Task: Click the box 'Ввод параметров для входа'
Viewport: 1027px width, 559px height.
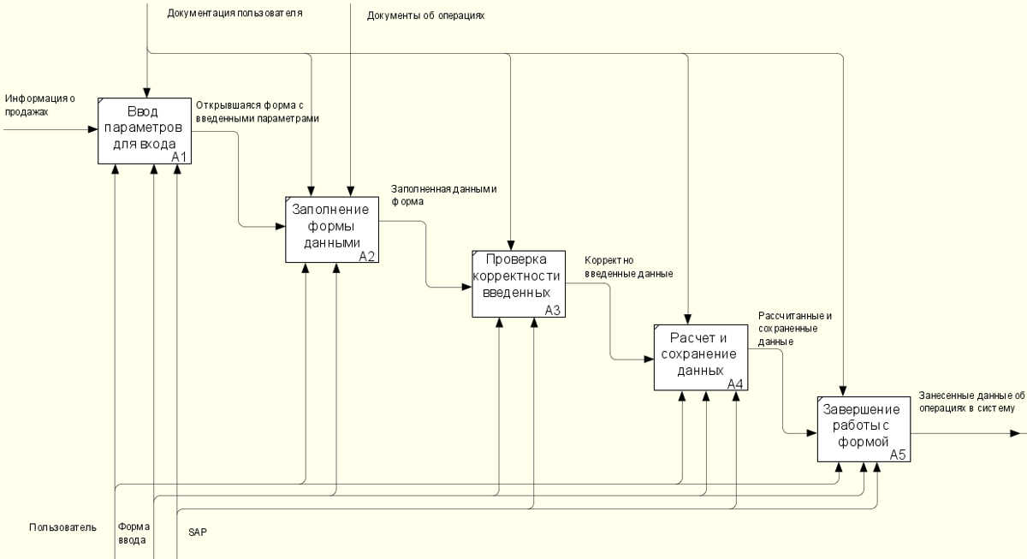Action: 144,129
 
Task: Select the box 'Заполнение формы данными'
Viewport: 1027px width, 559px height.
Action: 331,229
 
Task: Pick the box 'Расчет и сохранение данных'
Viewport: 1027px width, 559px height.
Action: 699,357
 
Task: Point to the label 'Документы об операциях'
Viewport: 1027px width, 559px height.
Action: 426,15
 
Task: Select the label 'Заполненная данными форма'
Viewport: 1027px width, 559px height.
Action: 443,195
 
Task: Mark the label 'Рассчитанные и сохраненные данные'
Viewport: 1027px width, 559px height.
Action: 794,329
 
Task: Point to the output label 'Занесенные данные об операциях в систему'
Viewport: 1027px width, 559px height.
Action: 971,401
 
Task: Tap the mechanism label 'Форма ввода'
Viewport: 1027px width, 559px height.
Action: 133,534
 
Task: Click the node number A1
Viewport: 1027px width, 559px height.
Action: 179,157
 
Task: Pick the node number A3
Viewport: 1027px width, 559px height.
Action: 552,311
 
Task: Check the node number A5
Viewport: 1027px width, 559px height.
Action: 898,455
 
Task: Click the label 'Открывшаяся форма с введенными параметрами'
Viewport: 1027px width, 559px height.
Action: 257,111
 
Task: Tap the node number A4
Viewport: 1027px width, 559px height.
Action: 735,384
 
